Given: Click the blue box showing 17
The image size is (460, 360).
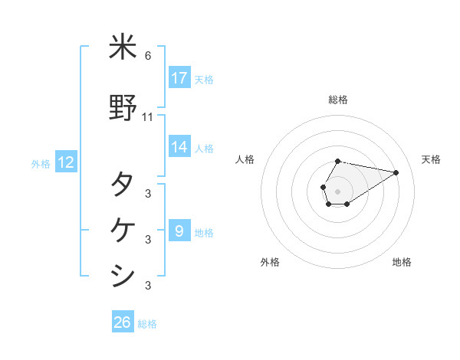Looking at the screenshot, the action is pyautogui.click(x=179, y=78).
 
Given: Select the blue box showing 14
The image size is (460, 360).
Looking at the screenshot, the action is pyautogui.click(x=179, y=147).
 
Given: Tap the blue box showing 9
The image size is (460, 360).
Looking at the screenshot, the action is pyautogui.click(x=179, y=231).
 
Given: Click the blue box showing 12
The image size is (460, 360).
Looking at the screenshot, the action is pyautogui.click(x=65, y=162).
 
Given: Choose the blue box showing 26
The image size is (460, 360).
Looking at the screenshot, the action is pyautogui.click(x=123, y=322).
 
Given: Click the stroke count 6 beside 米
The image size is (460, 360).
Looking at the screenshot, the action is pyautogui.click(x=148, y=56).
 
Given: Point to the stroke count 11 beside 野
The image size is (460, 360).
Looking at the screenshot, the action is pyautogui.click(x=148, y=117).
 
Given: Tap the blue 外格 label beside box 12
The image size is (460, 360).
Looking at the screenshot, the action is pyautogui.click(x=41, y=163).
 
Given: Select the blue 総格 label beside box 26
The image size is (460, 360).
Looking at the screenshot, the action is pyautogui.click(x=147, y=324).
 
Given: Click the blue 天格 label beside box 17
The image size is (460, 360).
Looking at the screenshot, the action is pyautogui.click(x=203, y=79).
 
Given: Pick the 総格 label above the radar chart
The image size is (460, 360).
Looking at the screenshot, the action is pyautogui.click(x=338, y=100).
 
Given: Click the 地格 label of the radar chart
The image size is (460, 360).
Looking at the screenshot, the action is pyautogui.click(x=402, y=263).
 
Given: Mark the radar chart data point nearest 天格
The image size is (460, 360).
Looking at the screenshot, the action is pyautogui.click(x=396, y=172).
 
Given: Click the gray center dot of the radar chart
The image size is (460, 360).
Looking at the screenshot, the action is pyautogui.click(x=338, y=191).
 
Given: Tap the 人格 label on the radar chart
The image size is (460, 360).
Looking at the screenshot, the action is pyautogui.click(x=245, y=159).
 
